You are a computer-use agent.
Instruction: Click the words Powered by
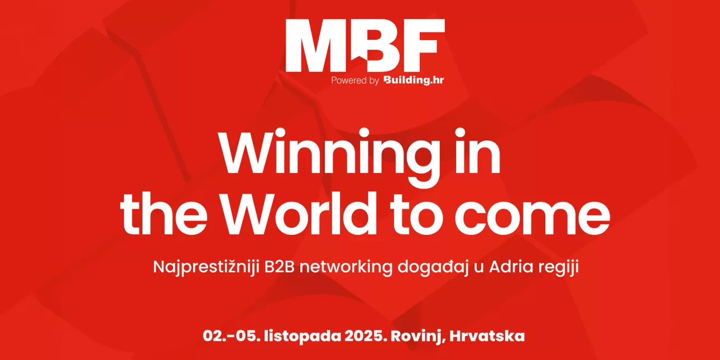[355, 81]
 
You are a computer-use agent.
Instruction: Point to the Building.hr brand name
[414, 80]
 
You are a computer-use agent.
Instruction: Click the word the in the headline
[164, 214]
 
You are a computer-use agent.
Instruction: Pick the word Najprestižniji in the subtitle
[207, 267]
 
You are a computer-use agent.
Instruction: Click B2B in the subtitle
[279, 267]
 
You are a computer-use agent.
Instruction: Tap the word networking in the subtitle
[346, 267]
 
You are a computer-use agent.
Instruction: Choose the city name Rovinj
[418, 337]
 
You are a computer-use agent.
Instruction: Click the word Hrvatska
[487, 336]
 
